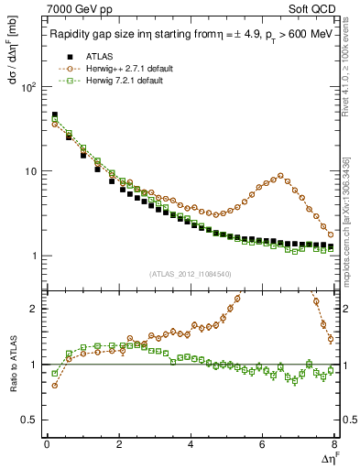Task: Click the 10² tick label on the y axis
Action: pos(28,87)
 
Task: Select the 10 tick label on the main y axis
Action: pos(31,172)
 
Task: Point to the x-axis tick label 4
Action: pos(191,447)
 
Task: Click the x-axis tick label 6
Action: pos(263,447)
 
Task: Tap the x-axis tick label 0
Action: pos(47,447)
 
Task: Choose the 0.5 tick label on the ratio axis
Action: pos(30,420)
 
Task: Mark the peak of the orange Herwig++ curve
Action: pos(280,175)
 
